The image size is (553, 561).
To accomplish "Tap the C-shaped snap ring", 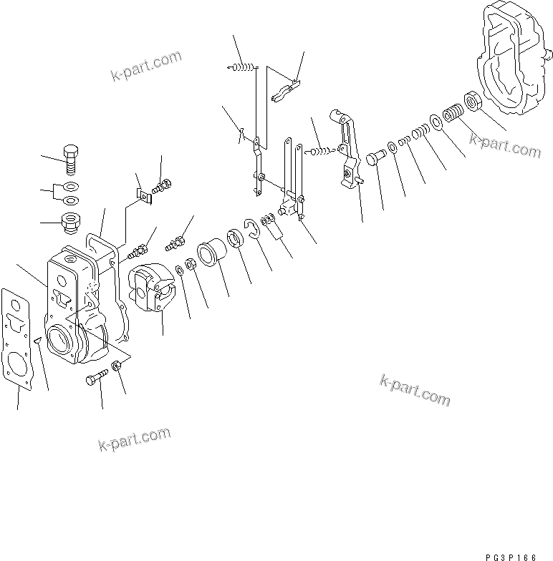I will (252, 228).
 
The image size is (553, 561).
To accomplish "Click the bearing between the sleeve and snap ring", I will (234, 240).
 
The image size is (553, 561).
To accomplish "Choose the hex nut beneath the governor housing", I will (117, 367).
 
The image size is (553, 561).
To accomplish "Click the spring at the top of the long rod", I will (241, 67).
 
